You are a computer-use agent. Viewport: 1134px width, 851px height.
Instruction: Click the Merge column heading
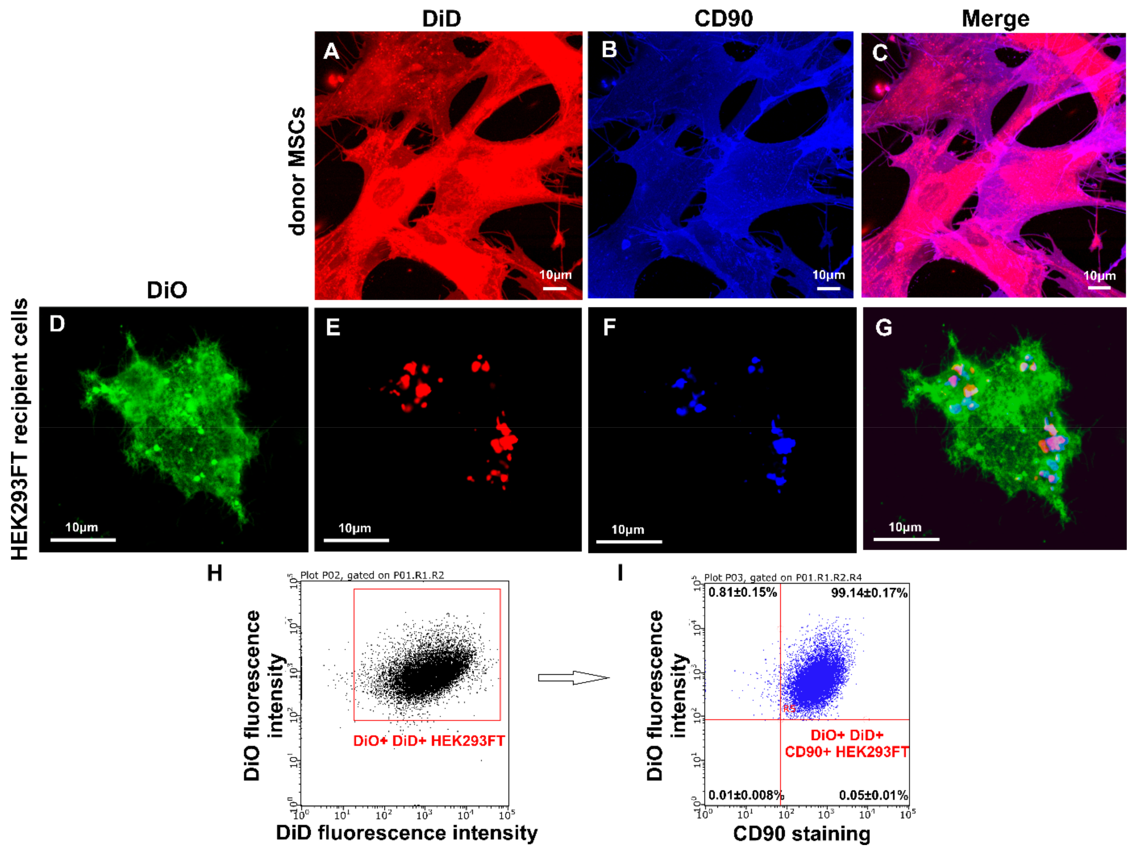[995, 19]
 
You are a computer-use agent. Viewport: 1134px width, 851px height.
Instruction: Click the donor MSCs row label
[297, 171]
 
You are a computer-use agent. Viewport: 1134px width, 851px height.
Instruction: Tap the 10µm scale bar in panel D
[83, 539]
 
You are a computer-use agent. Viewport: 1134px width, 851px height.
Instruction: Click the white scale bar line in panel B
[828, 288]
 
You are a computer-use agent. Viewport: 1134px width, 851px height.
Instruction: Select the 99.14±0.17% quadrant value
[869, 593]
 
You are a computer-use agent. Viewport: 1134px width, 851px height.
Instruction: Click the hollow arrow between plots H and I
[573, 678]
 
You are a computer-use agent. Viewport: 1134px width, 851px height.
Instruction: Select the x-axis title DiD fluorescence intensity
[407, 832]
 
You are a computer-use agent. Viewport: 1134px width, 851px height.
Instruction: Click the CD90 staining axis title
[801, 834]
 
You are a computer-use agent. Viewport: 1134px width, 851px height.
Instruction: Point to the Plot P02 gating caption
[372, 575]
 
